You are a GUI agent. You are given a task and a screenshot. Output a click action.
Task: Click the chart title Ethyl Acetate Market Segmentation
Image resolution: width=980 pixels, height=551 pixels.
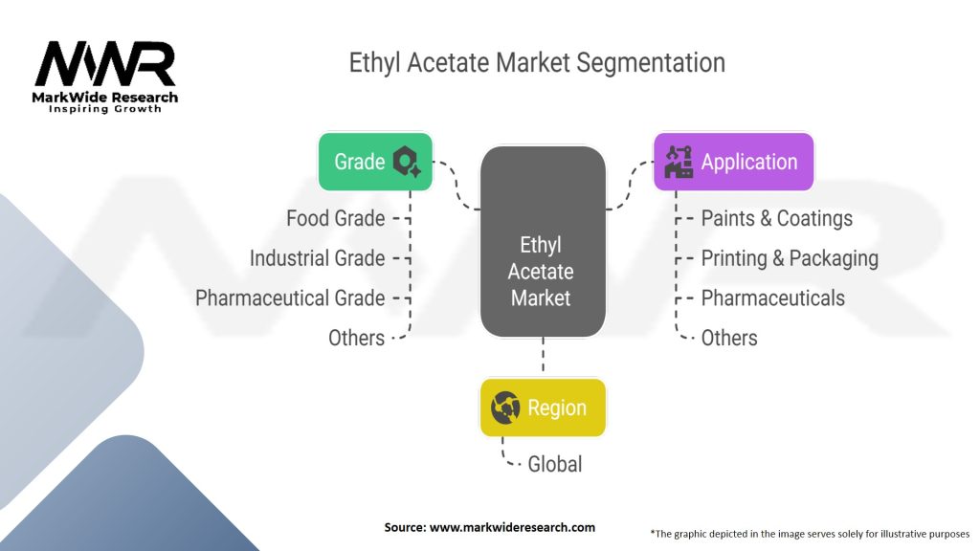pyautogui.click(x=537, y=64)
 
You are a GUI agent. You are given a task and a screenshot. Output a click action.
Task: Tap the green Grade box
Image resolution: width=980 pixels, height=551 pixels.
pyautogui.click(x=375, y=161)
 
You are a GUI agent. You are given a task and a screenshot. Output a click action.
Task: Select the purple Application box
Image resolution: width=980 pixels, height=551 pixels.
pyautogui.click(x=733, y=161)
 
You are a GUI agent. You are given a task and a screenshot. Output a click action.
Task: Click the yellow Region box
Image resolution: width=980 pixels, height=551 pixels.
pyautogui.click(x=543, y=408)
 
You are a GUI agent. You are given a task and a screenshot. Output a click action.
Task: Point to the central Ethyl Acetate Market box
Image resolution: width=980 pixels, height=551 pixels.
pyautogui.click(x=543, y=242)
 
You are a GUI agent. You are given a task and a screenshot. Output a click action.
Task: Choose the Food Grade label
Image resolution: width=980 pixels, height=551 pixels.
pyautogui.click(x=335, y=218)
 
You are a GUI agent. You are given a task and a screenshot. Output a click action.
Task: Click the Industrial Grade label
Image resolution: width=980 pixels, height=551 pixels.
pyautogui.click(x=317, y=258)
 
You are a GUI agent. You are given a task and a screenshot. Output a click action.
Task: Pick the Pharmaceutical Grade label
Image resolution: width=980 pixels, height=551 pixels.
pyautogui.click(x=290, y=298)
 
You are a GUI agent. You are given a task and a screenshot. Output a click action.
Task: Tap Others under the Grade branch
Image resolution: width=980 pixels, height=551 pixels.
pyautogui.click(x=356, y=338)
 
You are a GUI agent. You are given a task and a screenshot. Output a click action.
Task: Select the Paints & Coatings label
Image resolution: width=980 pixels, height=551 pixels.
pyautogui.click(x=776, y=218)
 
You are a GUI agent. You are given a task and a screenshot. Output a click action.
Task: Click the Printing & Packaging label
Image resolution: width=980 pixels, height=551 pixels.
pyautogui.click(x=789, y=258)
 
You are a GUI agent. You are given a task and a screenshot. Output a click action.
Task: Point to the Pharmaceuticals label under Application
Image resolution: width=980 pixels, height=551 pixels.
pyautogui.click(x=772, y=298)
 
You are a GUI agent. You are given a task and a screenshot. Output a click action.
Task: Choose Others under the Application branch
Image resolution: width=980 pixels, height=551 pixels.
pyautogui.click(x=728, y=338)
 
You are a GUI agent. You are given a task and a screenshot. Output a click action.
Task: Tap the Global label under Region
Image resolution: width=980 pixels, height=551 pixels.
pyautogui.click(x=554, y=464)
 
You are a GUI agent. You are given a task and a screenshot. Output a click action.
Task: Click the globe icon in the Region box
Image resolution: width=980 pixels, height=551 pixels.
pyautogui.click(x=505, y=408)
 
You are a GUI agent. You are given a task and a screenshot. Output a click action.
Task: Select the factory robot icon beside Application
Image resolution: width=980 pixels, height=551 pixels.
pyautogui.click(x=679, y=162)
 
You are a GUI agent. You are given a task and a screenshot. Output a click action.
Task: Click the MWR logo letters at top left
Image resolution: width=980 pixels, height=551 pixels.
pyautogui.click(x=105, y=64)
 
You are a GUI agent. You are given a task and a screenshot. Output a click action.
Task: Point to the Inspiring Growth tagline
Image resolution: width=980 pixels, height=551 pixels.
pyautogui.click(x=105, y=109)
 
